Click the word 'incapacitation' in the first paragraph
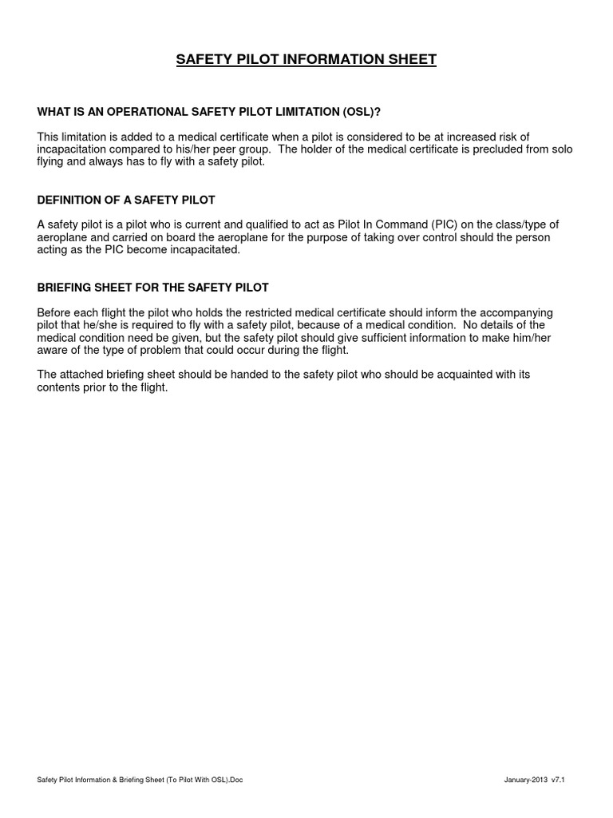[x=73, y=149]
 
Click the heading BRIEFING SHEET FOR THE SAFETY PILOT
[x=153, y=287]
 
